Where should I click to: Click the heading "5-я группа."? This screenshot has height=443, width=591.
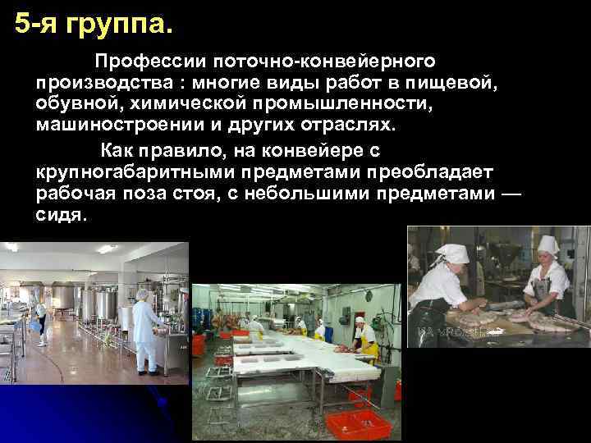(x=94, y=24)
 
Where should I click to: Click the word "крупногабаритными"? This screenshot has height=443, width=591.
(x=130, y=171)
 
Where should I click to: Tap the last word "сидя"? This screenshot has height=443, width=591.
(x=59, y=215)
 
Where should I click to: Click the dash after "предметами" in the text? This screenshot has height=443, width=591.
(x=510, y=194)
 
